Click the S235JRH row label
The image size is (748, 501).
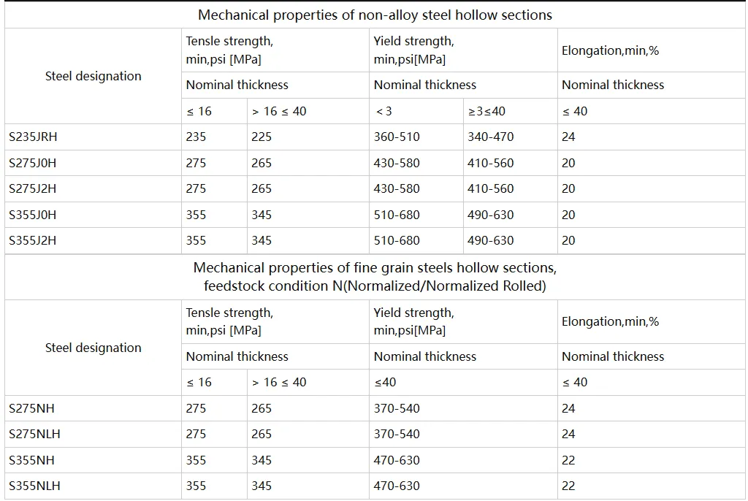[33, 137]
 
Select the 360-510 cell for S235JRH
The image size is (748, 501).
[397, 137]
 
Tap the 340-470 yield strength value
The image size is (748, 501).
[490, 137]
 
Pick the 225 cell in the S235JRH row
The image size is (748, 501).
[262, 137]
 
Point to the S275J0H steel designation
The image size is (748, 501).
[32, 163]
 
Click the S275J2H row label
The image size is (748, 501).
[32, 189]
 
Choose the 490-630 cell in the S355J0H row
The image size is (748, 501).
[490, 215]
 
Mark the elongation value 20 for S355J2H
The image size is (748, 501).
[568, 240]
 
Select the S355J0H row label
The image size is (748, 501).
[32, 215]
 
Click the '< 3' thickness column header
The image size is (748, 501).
[384, 111]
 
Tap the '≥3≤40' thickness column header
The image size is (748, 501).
[486, 111]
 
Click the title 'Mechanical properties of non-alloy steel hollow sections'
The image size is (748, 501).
[375, 15]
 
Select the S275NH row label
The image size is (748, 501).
[31, 408]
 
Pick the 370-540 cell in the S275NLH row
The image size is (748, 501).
[397, 435]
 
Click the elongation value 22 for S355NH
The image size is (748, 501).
[568, 460]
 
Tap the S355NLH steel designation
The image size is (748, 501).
[34, 486]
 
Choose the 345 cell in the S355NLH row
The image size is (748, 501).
[262, 486]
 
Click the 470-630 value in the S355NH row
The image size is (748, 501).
[397, 460]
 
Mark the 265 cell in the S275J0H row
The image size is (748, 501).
[262, 163]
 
